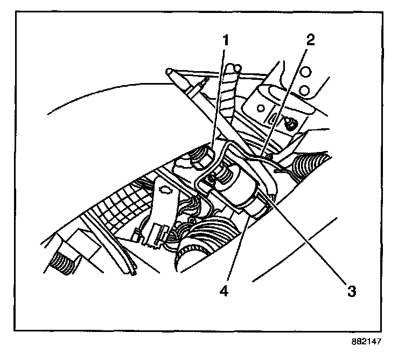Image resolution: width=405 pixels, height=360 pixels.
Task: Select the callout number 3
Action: [x=351, y=292]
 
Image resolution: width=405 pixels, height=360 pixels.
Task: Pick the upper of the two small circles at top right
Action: [x=306, y=72]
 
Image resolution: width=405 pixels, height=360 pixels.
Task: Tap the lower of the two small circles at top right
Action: [x=304, y=89]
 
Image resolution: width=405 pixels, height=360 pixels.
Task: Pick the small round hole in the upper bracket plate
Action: [x=261, y=107]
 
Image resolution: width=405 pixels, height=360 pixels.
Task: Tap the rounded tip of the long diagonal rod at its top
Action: [x=170, y=71]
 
